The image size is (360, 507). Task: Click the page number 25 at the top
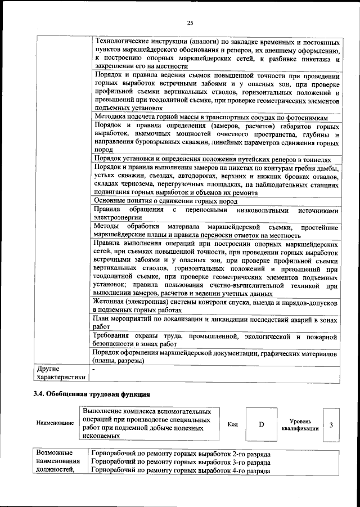tap(190, 23)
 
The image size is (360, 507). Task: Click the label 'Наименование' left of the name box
tap(55, 422)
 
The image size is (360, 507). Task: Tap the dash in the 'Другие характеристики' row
tap(94, 369)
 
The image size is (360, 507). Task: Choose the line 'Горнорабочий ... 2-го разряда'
tap(181, 454)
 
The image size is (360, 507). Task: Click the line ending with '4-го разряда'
tap(181, 470)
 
